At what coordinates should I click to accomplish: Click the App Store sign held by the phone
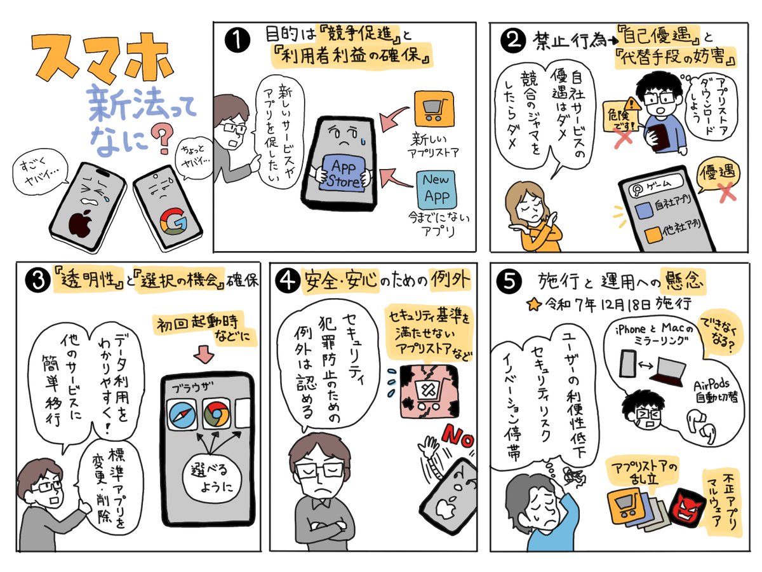coord(343,173)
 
